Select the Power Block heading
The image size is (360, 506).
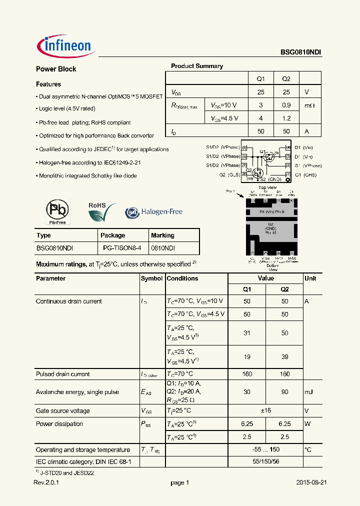(56, 69)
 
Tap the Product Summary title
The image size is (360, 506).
(197, 66)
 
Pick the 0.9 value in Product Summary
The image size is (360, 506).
(286, 105)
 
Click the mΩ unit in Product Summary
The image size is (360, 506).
(310, 105)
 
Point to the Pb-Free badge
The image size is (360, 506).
(57, 211)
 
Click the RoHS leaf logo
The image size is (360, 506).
(101, 212)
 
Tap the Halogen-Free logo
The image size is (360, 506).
(154, 212)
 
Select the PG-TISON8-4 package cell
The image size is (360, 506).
(122, 248)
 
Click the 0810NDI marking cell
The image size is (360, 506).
(163, 248)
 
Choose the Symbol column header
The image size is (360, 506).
(151, 278)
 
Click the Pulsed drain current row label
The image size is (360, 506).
(63, 374)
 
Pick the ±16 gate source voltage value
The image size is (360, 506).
(266, 411)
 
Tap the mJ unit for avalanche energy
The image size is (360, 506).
(309, 392)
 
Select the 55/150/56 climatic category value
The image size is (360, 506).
(266, 462)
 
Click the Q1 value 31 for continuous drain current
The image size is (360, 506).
(247, 333)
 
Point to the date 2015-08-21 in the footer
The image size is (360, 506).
(311, 483)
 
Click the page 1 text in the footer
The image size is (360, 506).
(180, 483)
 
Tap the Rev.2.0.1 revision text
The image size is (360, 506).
(46, 483)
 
